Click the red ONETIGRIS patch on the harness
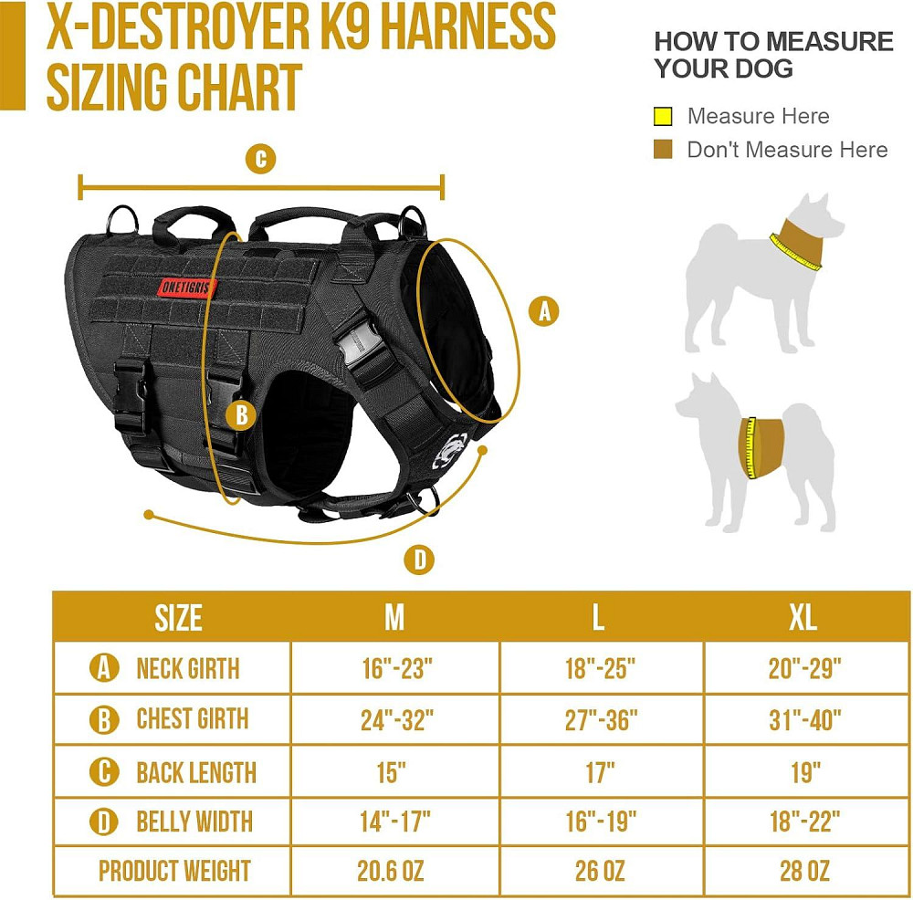click(188, 287)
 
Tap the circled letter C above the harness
click(260, 159)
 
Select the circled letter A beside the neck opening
click(543, 311)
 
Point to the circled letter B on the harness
click(241, 415)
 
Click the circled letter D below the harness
click(419, 560)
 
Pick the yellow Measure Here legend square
click(663, 116)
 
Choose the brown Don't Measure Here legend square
click(663, 149)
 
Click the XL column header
click(803, 618)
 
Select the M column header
click(394, 618)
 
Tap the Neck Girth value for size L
click(600, 669)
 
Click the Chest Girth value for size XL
click(804, 720)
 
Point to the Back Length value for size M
click(392, 772)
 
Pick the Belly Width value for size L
click(601, 822)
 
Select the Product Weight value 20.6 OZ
click(390, 871)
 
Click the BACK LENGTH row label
click(196, 772)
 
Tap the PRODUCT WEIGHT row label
click(174, 871)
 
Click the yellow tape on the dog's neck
click(795, 252)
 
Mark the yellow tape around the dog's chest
click(750, 447)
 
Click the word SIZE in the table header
click(178, 618)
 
